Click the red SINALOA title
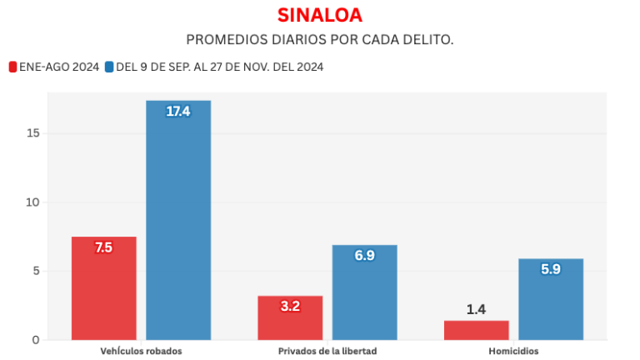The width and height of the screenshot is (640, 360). pos(320,15)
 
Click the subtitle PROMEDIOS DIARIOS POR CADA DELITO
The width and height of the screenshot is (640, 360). pos(320,40)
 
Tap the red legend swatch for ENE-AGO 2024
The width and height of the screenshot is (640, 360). pos(12,67)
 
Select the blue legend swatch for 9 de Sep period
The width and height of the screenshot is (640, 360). pos(109,67)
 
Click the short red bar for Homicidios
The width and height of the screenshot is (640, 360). pos(476,330)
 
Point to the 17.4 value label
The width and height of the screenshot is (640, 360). pos(178,112)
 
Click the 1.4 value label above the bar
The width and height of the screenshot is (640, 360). pos(476,310)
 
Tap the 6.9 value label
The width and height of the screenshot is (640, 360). pos(364,256)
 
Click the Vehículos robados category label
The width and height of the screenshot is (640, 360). pos(141,351)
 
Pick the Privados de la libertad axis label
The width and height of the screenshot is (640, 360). pos(327,351)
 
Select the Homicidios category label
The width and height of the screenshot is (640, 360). pos(513,351)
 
